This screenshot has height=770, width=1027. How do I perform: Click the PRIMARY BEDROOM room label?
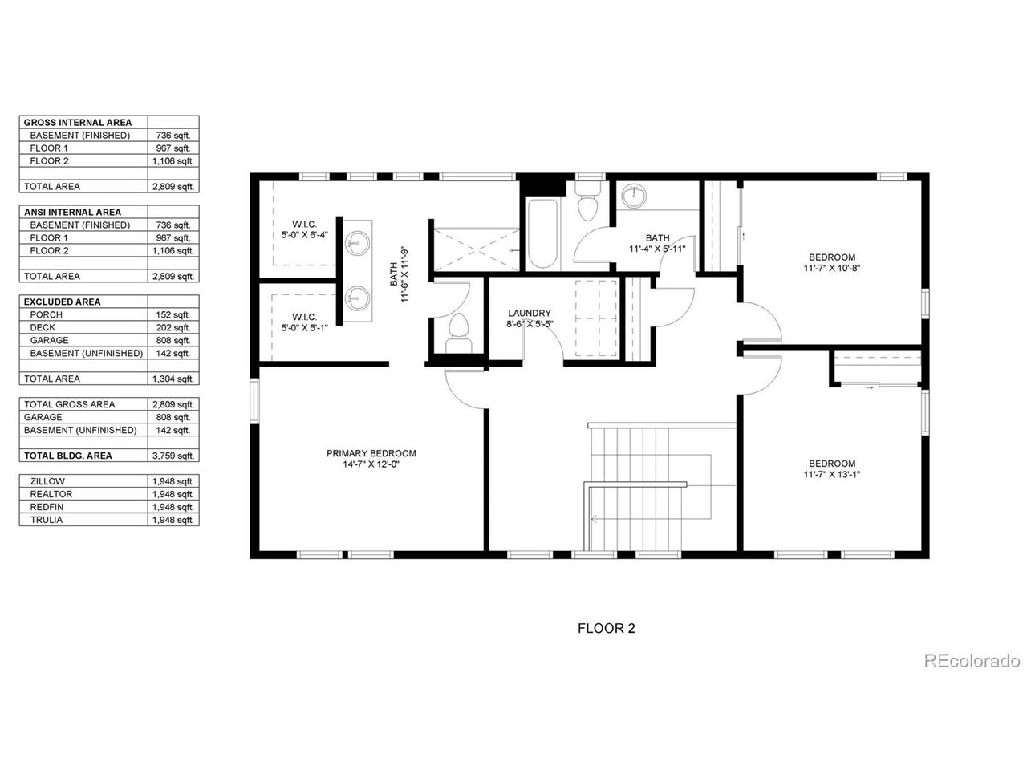point(371,453)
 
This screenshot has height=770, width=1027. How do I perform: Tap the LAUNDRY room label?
point(530,313)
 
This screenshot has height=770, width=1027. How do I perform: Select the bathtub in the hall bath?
point(542,233)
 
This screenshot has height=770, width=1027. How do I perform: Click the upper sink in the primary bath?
point(358,243)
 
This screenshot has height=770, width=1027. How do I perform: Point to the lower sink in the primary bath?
point(358,298)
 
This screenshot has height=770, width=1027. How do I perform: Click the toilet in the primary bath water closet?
point(458,333)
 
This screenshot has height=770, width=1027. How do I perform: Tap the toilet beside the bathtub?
point(587,201)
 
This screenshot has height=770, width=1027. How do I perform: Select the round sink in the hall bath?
point(634,196)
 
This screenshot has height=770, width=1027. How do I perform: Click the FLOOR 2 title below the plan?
point(607,628)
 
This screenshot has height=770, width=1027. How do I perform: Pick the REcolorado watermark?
point(972,661)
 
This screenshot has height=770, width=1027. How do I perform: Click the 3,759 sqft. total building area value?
point(173,456)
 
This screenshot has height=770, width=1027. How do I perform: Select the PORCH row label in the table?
point(46,314)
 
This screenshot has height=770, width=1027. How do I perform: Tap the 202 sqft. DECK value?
point(173,327)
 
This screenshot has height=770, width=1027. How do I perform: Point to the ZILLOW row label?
point(47,481)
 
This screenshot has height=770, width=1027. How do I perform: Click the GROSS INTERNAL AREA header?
point(78,123)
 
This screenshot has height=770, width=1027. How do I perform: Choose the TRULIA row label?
point(47,520)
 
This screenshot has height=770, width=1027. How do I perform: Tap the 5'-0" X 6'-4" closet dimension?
point(305,235)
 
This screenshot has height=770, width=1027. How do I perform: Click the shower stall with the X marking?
point(477,249)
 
